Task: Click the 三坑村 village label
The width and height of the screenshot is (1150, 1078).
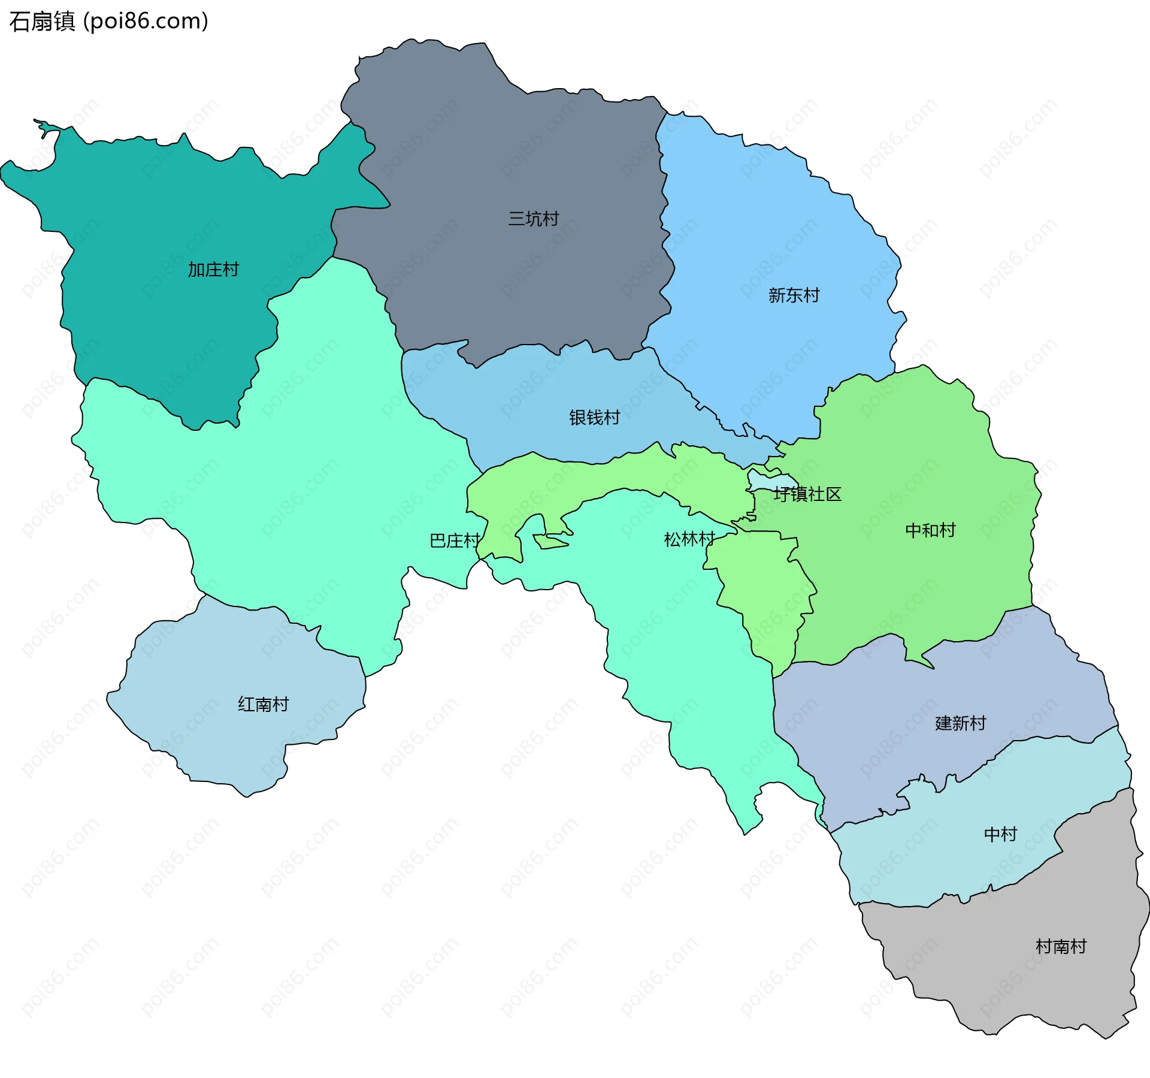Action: (533, 219)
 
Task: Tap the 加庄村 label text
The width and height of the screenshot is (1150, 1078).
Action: (213, 270)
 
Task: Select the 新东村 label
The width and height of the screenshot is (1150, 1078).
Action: (794, 295)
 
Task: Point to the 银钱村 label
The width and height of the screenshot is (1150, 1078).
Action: (594, 418)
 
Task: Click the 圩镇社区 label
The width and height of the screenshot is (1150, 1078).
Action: (807, 494)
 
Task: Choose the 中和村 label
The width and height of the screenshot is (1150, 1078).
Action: (930, 530)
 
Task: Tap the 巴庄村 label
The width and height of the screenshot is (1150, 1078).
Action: (455, 541)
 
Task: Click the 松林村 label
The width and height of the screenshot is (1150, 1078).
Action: (689, 539)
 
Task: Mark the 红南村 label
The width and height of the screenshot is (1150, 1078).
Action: (263, 704)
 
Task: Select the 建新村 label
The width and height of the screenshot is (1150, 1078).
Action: (960, 723)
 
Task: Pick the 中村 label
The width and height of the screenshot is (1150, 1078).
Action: (1000, 834)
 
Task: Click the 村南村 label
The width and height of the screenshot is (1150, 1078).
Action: (1061, 947)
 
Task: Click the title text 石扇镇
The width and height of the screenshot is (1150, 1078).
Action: (42, 22)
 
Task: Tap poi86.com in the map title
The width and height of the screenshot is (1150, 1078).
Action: (146, 22)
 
